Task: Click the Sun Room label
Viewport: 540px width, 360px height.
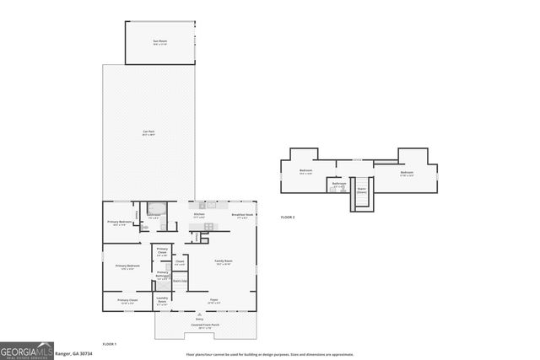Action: click(x=157, y=41)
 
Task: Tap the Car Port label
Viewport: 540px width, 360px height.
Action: click(x=147, y=132)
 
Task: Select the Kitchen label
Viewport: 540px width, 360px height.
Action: click(x=199, y=215)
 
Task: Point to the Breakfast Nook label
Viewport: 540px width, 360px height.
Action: click(x=243, y=215)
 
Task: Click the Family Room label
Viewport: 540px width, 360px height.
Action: click(x=224, y=262)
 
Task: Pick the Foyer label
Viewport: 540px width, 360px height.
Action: click(x=214, y=300)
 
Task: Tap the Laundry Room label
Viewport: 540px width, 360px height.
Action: click(x=162, y=302)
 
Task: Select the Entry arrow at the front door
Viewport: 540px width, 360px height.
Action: click(x=200, y=318)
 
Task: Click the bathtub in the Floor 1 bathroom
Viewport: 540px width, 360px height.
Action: click(x=155, y=207)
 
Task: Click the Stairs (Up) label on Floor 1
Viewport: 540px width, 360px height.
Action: click(x=179, y=281)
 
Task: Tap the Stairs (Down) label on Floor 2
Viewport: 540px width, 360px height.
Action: click(x=361, y=190)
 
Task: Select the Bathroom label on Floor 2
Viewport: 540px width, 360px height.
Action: click(x=339, y=184)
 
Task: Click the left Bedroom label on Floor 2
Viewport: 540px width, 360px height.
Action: click(x=306, y=172)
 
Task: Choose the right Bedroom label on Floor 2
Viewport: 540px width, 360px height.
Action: click(x=407, y=175)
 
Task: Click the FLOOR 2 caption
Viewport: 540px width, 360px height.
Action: click(x=288, y=218)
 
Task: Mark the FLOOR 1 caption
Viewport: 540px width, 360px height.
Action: click(x=109, y=344)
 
